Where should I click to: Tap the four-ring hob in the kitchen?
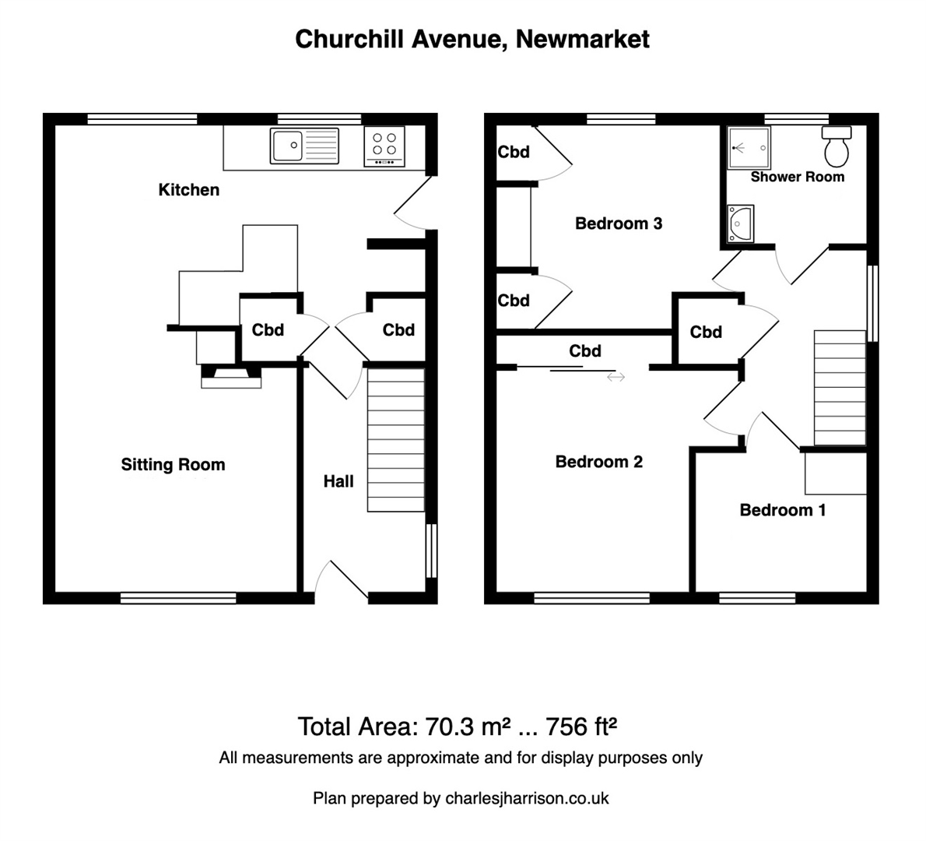pos(384,146)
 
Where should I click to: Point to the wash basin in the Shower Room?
pos(741,223)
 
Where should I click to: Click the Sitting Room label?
pos(173,465)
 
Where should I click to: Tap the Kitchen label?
pos(188,190)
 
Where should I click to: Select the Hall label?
pos(338,482)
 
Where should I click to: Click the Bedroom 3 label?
pos(618,224)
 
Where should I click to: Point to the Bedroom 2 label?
pos(598,463)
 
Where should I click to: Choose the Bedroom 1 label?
pos(782,511)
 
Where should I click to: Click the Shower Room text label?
pos(797,178)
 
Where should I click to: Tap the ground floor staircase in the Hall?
pos(396,440)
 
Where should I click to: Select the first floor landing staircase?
pos(840,388)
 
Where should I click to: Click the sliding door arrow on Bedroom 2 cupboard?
pos(616,378)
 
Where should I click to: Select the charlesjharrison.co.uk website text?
pos(527,798)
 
